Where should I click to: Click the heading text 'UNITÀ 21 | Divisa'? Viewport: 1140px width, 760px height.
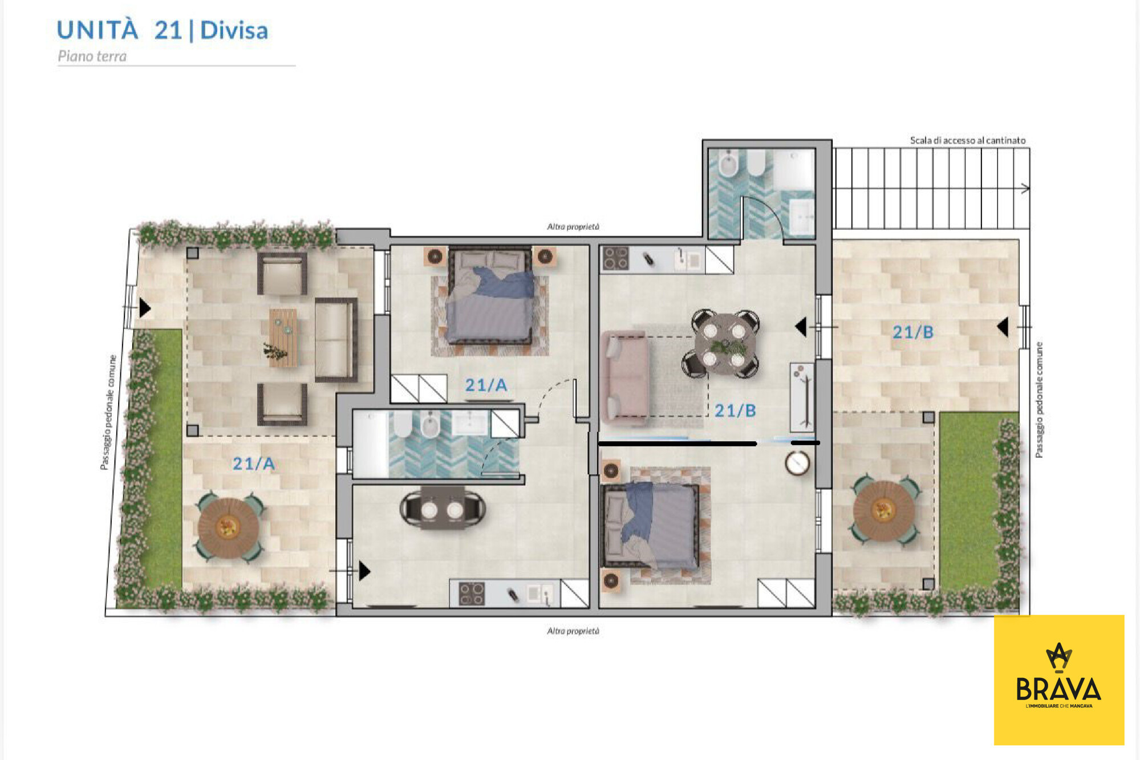tap(163, 30)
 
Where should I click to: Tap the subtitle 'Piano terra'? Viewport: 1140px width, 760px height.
tap(92, 56)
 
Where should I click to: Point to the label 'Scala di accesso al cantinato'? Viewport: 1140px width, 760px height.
tap(967, 140)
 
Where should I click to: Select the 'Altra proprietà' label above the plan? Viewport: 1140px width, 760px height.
tap(573, 226)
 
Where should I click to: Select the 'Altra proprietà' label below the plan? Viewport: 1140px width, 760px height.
tap(573, 631)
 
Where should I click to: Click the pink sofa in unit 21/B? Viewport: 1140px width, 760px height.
tap(624, 377)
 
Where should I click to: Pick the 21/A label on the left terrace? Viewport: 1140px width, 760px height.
tap(254, 464)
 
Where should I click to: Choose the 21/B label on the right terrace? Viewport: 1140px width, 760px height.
tap(913, 332)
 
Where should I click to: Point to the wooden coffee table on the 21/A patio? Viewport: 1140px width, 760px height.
tap(283, 338)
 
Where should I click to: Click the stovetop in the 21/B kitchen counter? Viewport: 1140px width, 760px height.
tap(616, 258)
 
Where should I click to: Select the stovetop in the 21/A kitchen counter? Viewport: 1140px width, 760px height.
tap(472, 594)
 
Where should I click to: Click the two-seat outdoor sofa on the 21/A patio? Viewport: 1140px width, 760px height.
tap(336, 340)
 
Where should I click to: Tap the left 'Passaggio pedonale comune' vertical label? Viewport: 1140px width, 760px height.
tap(108, 412)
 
